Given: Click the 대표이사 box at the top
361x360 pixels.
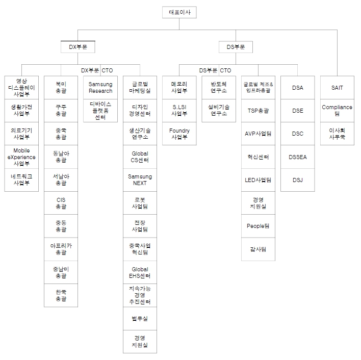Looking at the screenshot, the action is (179, 12).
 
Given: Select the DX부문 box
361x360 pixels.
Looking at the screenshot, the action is (78, 47).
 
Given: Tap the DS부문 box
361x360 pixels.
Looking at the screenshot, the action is (236, 47).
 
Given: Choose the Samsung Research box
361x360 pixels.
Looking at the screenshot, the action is (100, 88).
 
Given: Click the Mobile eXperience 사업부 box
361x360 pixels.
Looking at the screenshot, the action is (21, 157).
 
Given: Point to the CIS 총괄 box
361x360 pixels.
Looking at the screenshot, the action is (61, 203).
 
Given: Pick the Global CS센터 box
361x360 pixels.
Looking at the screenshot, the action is (140, 157).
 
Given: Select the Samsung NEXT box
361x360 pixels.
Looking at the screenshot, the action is (140, 180).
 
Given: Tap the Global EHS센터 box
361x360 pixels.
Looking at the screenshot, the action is (140, 272).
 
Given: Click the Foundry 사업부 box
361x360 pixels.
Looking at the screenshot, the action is (179, 134).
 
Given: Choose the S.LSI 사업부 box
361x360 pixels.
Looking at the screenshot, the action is (179, 111).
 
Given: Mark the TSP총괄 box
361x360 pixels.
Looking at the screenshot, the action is (258, 111).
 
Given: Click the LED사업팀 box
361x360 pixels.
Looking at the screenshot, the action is (258, 180).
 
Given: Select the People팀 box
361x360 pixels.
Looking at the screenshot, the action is (258, 226).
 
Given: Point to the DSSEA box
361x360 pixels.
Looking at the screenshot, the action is (298, 157).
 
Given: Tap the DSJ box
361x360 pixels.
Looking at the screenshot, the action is (298, 180).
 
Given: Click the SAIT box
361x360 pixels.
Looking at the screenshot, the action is (337, 88).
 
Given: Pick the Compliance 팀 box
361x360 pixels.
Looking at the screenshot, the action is (337, 111).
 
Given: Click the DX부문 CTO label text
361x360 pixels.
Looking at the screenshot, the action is (97, 70).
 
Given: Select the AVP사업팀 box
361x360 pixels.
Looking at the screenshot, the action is (258, 134).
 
